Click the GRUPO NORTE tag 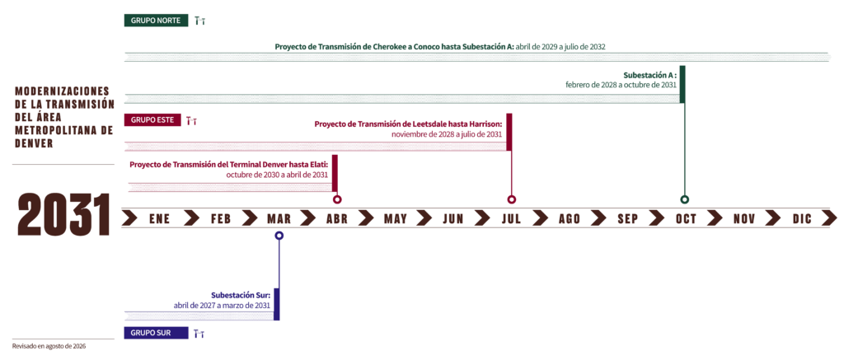point(156,21)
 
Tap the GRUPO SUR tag point(156,333)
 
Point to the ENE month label point(159,218)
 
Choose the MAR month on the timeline point(279,218)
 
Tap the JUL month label point(511,218)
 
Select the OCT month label point(687,218)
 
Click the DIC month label point(802,218)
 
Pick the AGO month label point(570,218)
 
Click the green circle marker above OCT point(684,199)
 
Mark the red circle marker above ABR point(337,199)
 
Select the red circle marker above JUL point(511,199)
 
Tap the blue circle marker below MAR point(279,235)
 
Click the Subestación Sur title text point(241,296)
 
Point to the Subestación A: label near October point(649,75)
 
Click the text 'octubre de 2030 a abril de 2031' point(277,175)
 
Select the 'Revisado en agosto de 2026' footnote point(49,346)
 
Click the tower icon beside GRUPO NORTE point(200,21)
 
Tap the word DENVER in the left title point(34,143)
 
